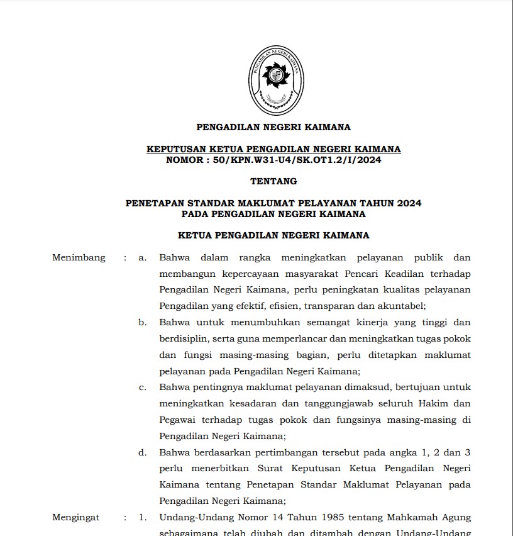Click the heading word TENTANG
tap(273, 181)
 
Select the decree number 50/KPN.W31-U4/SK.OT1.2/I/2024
tap(297, 160)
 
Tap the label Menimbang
tap(79, 257)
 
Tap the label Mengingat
tap(76, 518)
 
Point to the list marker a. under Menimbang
tap(143, 257)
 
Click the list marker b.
tap(143, 322)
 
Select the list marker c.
tap(143, 387)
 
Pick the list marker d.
tap(143, 452)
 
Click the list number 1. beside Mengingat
tap(143, 518)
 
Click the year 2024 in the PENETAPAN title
tap(409, 203)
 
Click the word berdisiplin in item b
tap(181, 338)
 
